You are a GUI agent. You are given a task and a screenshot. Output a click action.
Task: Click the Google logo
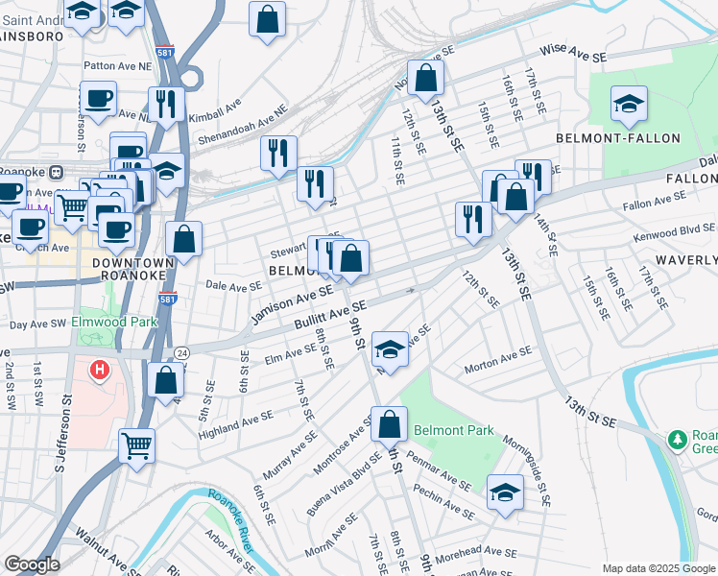point(33,564)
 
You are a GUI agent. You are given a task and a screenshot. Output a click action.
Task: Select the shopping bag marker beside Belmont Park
point(389,423)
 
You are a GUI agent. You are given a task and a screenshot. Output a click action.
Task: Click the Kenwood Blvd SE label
point(674,231)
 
